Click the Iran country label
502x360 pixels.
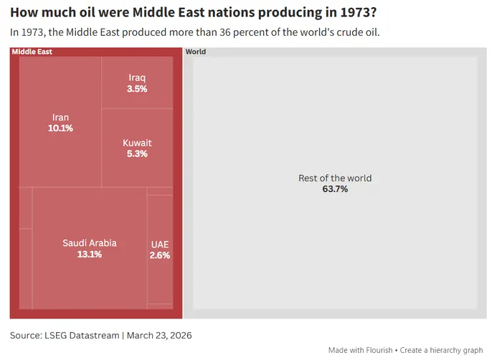click(x=61, y=118)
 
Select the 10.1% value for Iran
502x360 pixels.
click(x=61, y=128)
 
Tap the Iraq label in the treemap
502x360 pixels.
click(x=137, y=78)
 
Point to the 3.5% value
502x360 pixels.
click(x=137, y=89)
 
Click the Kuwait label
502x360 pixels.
click(x=137, y=143)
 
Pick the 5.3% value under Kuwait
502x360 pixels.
click(x=137, y=153)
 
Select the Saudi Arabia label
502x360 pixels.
click(x=90, y=243)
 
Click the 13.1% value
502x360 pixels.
click(x=90, y=254)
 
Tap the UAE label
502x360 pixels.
click(x=160, y=245)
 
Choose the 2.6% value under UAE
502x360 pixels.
click(x=160, y=255)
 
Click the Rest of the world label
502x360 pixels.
click(x=335, y=179)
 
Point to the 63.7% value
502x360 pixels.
click(x=335, y=189)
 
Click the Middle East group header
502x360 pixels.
click(x=32, y=52)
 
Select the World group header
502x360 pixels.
click(x=196, y=52)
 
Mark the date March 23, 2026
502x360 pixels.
click(x=160, y=335)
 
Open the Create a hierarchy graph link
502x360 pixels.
click(x=442, y=350)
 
